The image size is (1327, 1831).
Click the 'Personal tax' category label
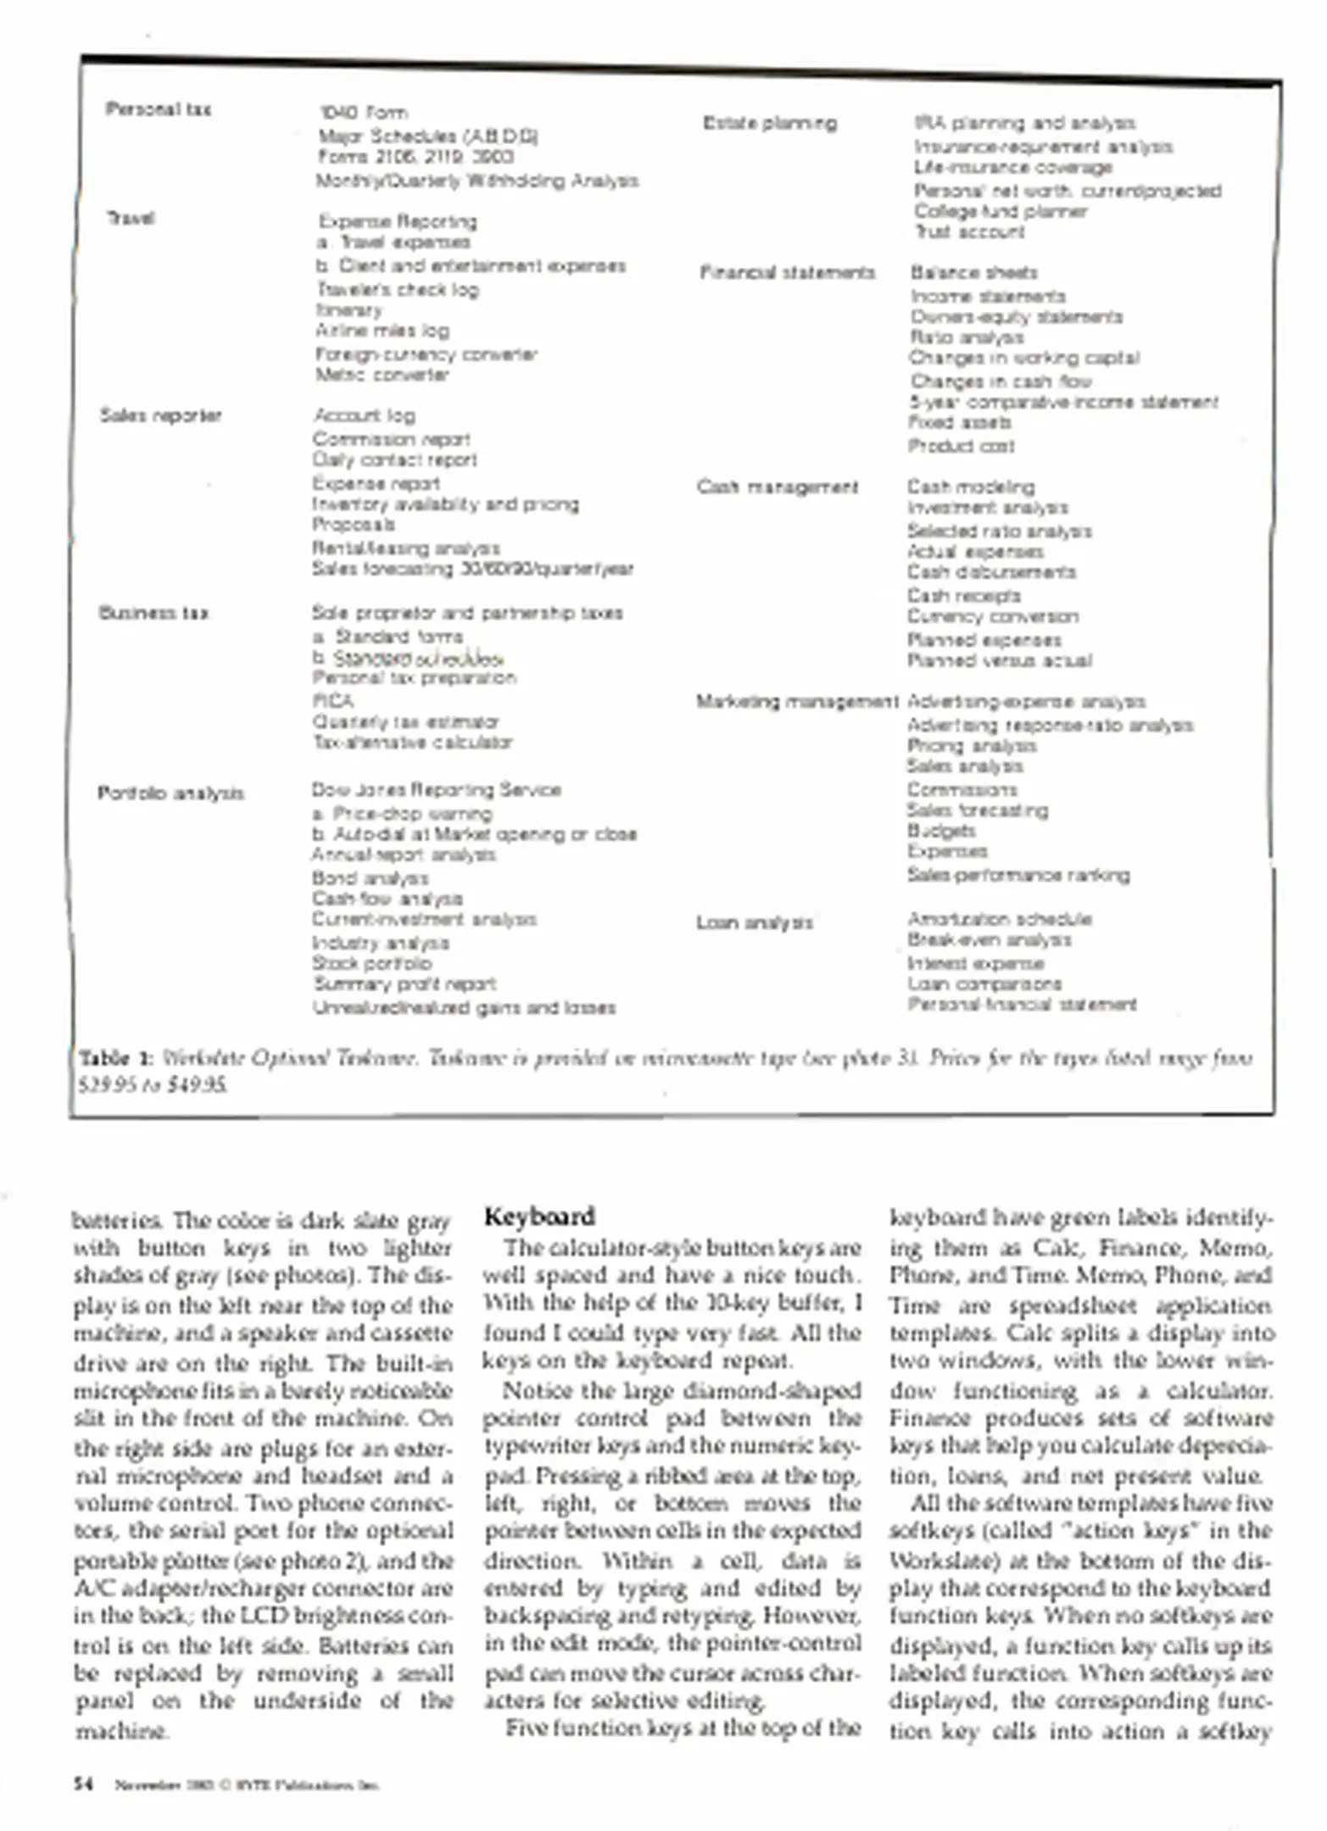tap(159, 109)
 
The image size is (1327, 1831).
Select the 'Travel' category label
tap(131, 219)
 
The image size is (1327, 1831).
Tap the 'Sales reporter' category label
tap(160, 415)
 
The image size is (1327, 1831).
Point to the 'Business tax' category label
tap(153, 613)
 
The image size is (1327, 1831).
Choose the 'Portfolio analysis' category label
tap(170, 793)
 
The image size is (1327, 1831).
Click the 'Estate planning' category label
tap(769, 124)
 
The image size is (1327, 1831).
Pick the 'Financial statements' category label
tap(787, 273)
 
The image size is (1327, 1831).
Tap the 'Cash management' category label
tap(777, 487)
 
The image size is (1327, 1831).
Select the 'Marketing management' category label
tap(796, 702)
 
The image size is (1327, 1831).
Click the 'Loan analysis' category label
tap(755, 922)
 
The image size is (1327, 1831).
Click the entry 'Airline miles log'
tap(382, 331)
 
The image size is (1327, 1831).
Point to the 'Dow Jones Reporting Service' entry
tap(436, 790)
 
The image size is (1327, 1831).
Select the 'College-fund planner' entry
tap(1000, 211)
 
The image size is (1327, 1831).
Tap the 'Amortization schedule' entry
tap(999, 919)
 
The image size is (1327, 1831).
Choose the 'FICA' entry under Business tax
tap(332, 701)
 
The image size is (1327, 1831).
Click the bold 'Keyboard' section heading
tap(539, 1217)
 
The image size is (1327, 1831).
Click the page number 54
tap(83, 1784)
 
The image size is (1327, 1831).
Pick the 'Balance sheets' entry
tap(973, 273)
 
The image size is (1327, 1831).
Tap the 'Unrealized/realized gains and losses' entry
tap(464, 1008)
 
